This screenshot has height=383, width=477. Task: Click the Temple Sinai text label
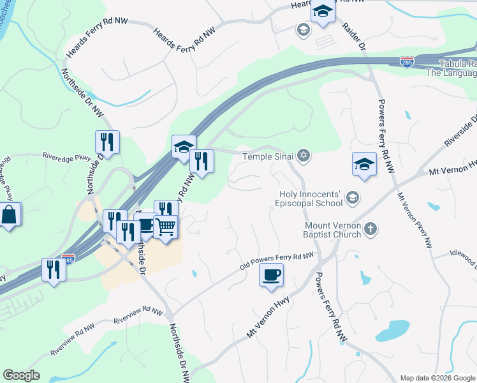[268, 156]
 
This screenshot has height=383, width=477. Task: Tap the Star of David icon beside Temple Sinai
[305, 155]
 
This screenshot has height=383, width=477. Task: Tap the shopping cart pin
[166, 227]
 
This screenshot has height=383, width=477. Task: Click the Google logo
[21, 375]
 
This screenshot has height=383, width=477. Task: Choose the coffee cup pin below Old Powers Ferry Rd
[271, 274]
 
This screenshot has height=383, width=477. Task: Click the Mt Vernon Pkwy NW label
[415, 220]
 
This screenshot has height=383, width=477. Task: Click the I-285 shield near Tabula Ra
[407, 61]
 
